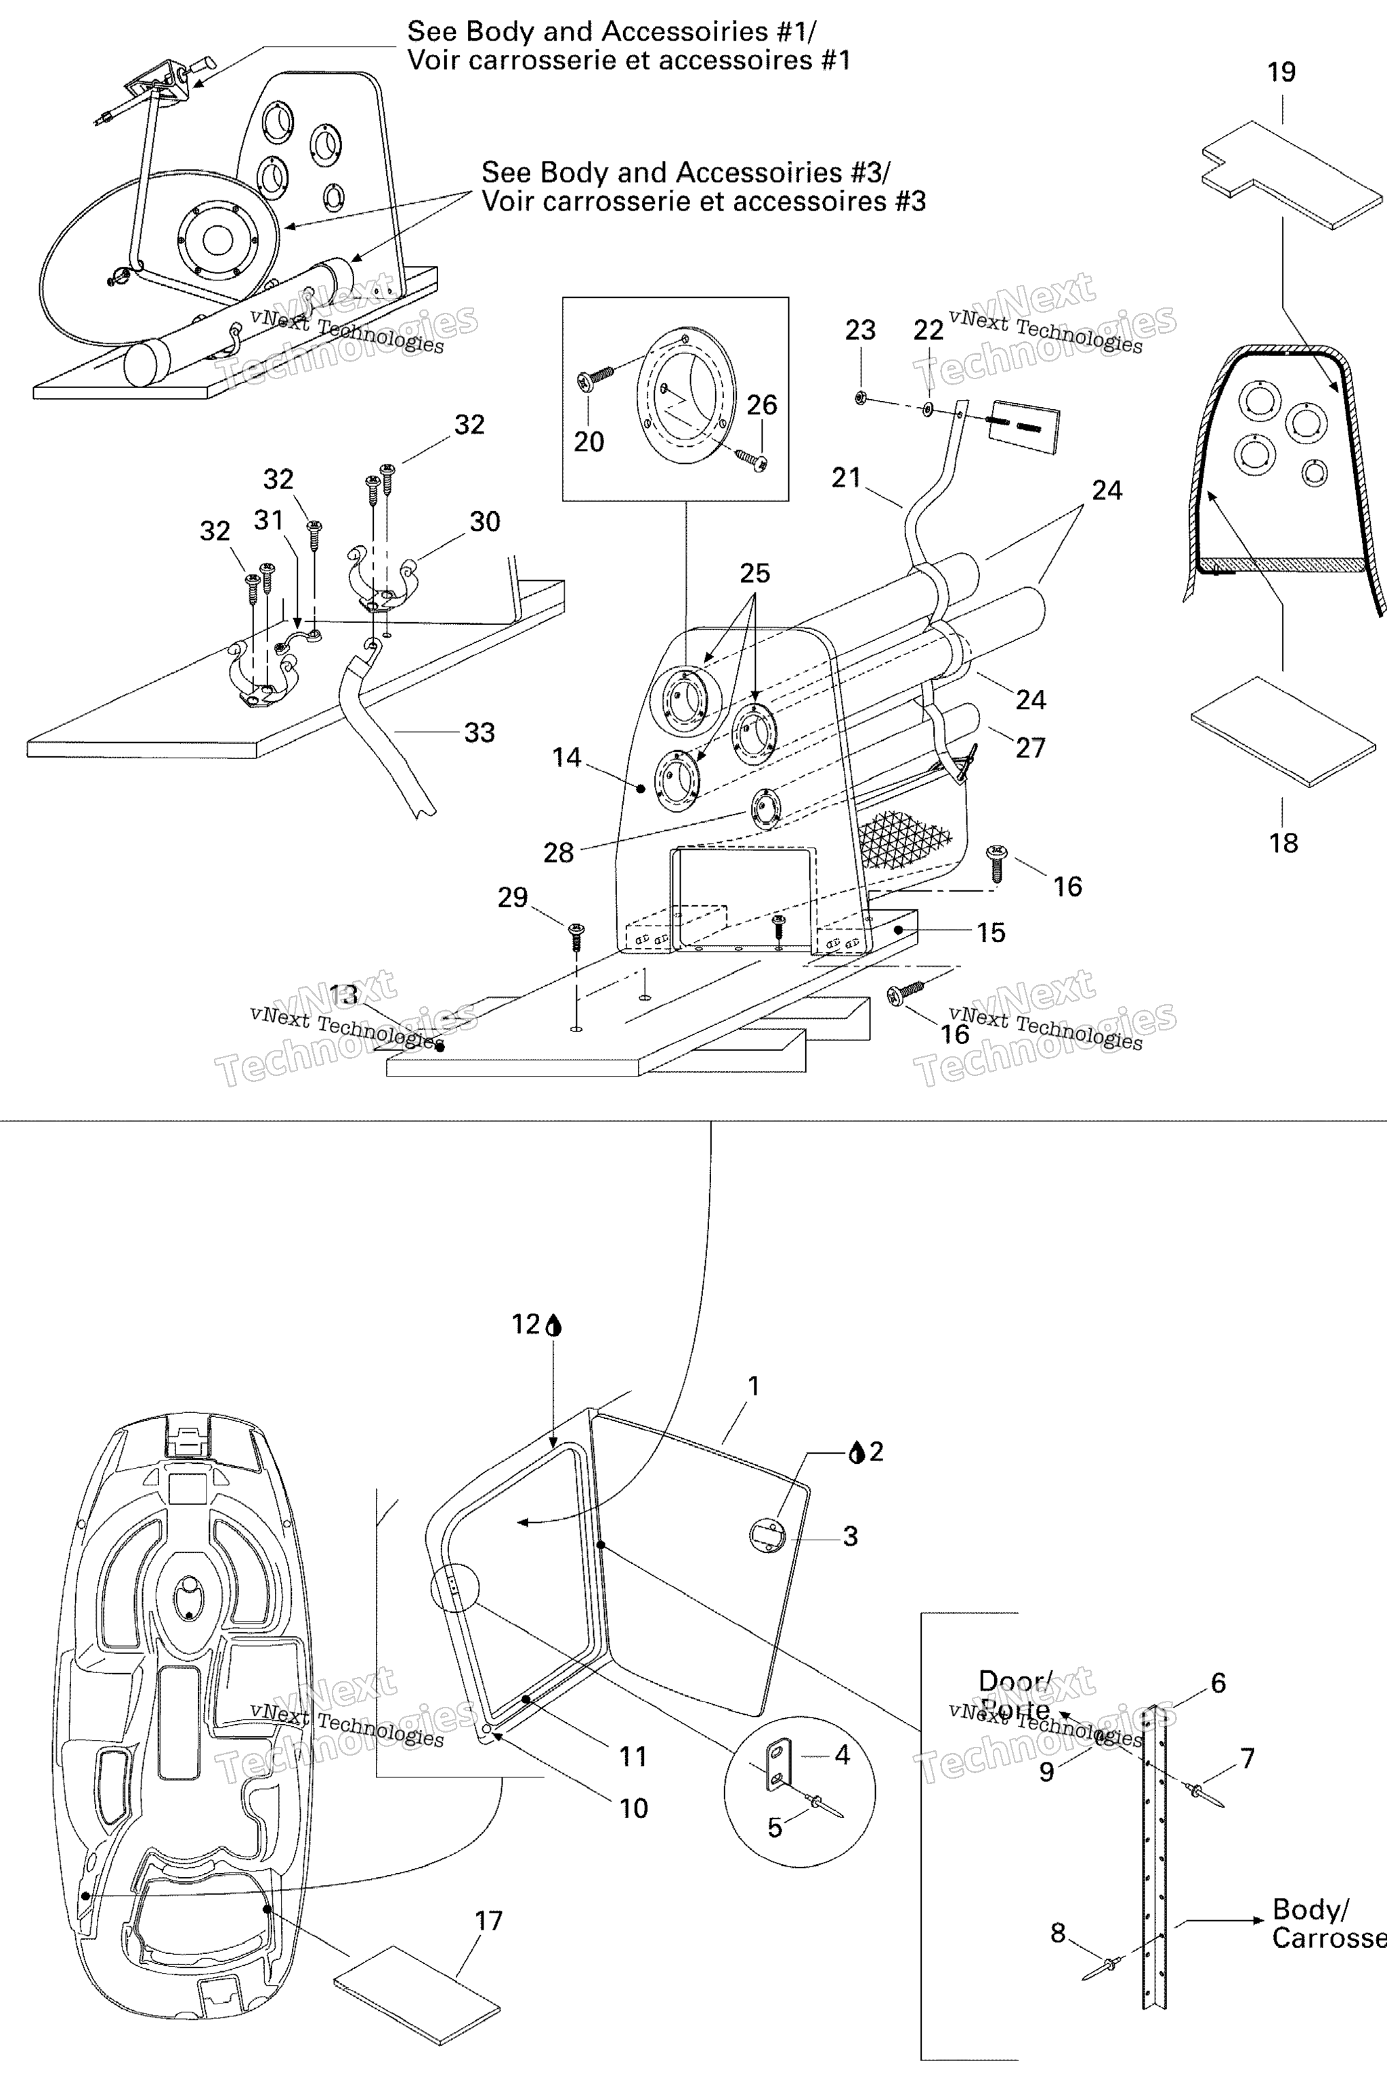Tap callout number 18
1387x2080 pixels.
coord(1283,843)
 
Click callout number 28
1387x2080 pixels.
coord(558,852)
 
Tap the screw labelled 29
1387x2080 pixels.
coord(576,936)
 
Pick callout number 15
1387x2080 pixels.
coord(991,932)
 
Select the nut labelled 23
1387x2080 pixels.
coord(860,398)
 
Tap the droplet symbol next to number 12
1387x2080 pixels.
coord(555,1325)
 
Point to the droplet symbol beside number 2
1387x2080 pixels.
coord(855,1452)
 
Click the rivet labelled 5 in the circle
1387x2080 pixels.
coord(823,1804)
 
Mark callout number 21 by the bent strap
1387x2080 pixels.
coord(846,477)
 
